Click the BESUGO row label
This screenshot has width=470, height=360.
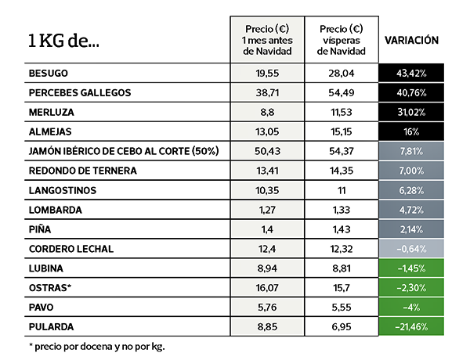pos(49,73)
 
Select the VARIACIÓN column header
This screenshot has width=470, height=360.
pos(411,40)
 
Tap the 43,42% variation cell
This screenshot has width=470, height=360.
pos(411,73)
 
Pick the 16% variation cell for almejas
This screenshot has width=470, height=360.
pos(411,131)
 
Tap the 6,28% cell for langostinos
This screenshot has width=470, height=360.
pos(411,190)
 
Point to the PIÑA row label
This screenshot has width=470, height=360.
pos(41,229)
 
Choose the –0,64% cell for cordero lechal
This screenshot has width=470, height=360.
pos(411,249)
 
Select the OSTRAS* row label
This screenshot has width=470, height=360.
pos(49,288)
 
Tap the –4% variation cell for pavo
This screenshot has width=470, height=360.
pos(411,308)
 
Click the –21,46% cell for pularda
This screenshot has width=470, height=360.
pos(411,326)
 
